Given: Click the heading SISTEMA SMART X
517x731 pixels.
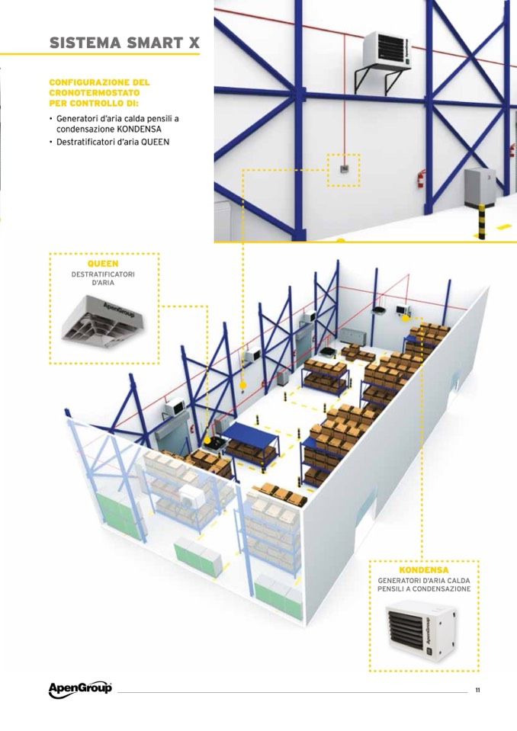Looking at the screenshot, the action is [124, 43].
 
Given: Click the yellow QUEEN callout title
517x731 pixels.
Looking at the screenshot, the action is [103, 264].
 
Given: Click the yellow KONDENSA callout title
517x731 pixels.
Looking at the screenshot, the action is [424, 569].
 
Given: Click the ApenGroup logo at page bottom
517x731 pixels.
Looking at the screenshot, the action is [80, 688].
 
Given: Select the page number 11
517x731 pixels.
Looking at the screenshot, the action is [477, 690].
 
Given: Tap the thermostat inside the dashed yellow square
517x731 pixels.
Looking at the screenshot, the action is [343, 169].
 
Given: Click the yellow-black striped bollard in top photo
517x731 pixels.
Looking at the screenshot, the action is [482, 222].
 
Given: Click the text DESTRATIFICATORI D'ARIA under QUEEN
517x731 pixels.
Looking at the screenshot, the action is [103, 278].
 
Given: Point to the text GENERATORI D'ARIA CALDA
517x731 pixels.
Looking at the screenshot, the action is [424, 581].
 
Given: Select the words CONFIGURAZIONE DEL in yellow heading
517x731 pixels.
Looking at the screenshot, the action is [99, 82].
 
